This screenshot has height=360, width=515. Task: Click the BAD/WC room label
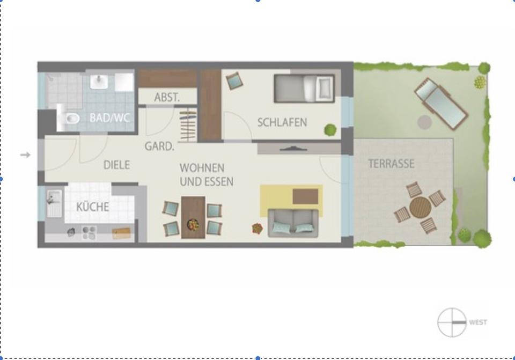109,118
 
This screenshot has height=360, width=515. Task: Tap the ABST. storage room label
167,98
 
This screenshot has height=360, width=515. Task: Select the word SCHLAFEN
282,122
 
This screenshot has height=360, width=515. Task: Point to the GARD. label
159,146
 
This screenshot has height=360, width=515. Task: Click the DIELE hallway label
116,165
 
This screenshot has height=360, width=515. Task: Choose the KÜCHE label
93,207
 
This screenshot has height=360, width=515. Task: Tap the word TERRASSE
391,164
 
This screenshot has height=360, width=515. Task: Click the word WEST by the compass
478,322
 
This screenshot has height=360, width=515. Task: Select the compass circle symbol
452,322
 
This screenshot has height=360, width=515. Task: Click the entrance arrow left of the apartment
25,155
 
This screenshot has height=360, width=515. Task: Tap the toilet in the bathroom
69,118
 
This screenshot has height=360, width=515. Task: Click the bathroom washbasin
99,82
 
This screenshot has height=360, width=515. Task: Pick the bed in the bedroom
304,88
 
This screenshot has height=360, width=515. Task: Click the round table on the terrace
421,207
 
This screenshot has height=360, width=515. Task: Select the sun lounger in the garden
441,104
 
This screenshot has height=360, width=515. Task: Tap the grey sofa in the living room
293,223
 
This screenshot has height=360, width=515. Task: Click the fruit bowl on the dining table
193,224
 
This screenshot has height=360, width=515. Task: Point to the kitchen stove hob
89,232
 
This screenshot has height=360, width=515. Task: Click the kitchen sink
54,203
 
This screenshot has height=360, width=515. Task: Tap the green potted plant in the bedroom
330,129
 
